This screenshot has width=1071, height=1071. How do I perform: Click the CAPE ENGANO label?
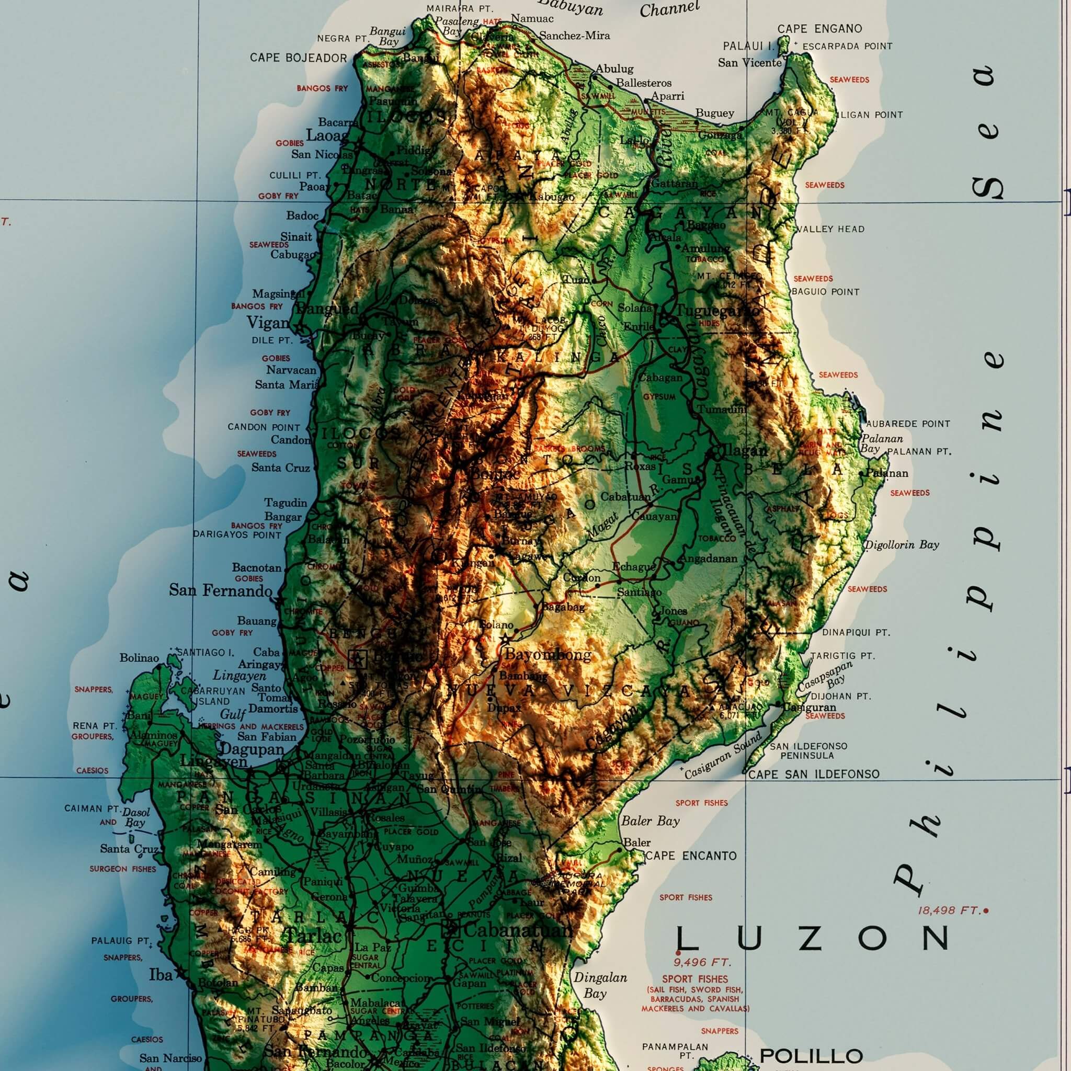tap(819, 29)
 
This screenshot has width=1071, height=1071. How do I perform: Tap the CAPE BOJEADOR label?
tap(298, 58)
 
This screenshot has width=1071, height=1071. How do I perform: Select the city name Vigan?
tap(268, 322)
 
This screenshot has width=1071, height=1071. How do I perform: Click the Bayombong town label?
tap(548, 655)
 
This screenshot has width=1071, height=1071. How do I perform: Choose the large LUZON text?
tap(812, 939)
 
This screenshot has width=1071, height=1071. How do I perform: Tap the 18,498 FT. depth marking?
tap(950, 910)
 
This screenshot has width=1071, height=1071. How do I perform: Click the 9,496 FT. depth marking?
tap(702, 962)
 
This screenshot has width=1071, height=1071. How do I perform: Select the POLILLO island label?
tap(811, 1055)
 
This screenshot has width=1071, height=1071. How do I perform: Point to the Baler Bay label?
tap(650, 821)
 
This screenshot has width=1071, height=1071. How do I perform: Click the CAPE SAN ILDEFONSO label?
tap(814, 774)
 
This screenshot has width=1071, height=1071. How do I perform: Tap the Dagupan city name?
tap(252, 749)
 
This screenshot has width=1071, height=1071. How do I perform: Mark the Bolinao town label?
tap(139, 658)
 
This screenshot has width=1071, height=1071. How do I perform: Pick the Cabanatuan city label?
tap(517, 930)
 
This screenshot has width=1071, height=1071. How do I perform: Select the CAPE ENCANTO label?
tap(691, 856)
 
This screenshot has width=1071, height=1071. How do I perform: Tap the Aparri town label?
tap(667, 96)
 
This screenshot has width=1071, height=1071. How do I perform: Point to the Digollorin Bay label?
tap(902, 545)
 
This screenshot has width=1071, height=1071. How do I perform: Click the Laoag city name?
tap(327, 135)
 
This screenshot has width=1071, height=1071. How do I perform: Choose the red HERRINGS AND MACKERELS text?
tap(250, 726)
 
